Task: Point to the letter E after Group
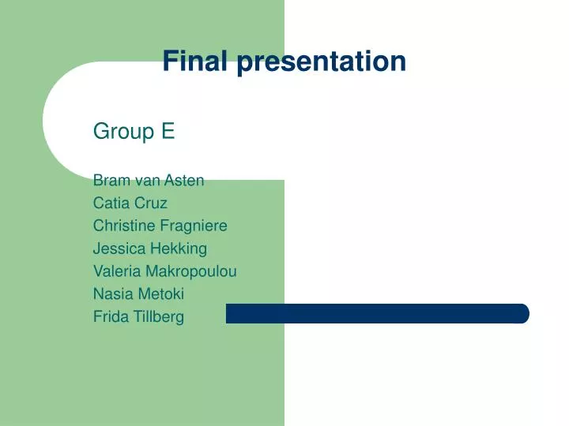[x=168, y=132]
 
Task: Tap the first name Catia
[x=111, y=203]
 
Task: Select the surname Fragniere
[x=193, y=226]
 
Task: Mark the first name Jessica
[x=119, y=248]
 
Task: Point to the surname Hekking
[x=179, y=248]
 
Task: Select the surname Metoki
[x=157, y=294]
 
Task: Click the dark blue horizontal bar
[x=377, y=313]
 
